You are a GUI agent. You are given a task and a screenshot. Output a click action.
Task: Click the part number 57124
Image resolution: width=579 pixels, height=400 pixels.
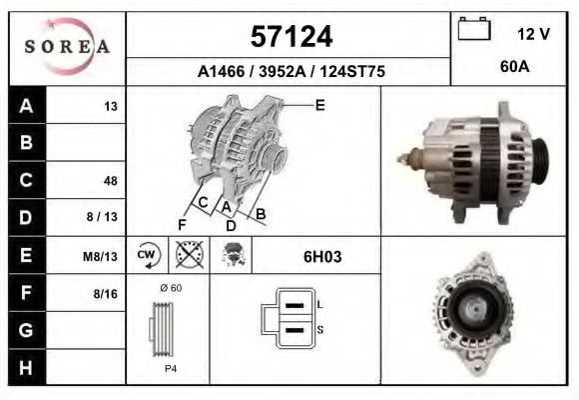pos(289,37)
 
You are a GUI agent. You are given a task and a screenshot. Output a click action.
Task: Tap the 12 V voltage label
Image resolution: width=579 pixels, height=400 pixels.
pos(534,34)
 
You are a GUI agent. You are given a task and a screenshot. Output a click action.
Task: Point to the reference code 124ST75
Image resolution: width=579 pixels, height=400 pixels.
pos(350,72)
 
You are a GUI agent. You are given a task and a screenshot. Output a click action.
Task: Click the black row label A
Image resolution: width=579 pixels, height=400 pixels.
pos(26,106)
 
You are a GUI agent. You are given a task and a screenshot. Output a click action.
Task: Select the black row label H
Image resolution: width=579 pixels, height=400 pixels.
pos(26,367)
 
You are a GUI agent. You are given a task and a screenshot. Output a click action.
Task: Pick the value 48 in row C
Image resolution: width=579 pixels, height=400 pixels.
pos(110,181)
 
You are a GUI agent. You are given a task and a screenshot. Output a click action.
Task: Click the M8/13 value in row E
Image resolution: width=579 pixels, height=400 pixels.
pos(100,256)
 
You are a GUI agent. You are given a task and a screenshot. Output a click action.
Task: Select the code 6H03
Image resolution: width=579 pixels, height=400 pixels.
pos(322,256)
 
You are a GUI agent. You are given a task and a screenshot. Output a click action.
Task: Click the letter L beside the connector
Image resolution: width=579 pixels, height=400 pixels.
pos(319,304)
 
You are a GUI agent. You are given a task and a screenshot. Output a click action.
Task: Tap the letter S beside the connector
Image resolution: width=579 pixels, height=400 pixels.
pos(319,329)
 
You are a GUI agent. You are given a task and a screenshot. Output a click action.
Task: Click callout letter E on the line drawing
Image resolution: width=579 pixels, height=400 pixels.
pos(319,104)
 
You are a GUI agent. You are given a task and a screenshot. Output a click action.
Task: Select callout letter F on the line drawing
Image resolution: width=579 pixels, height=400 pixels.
pos(182,225)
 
